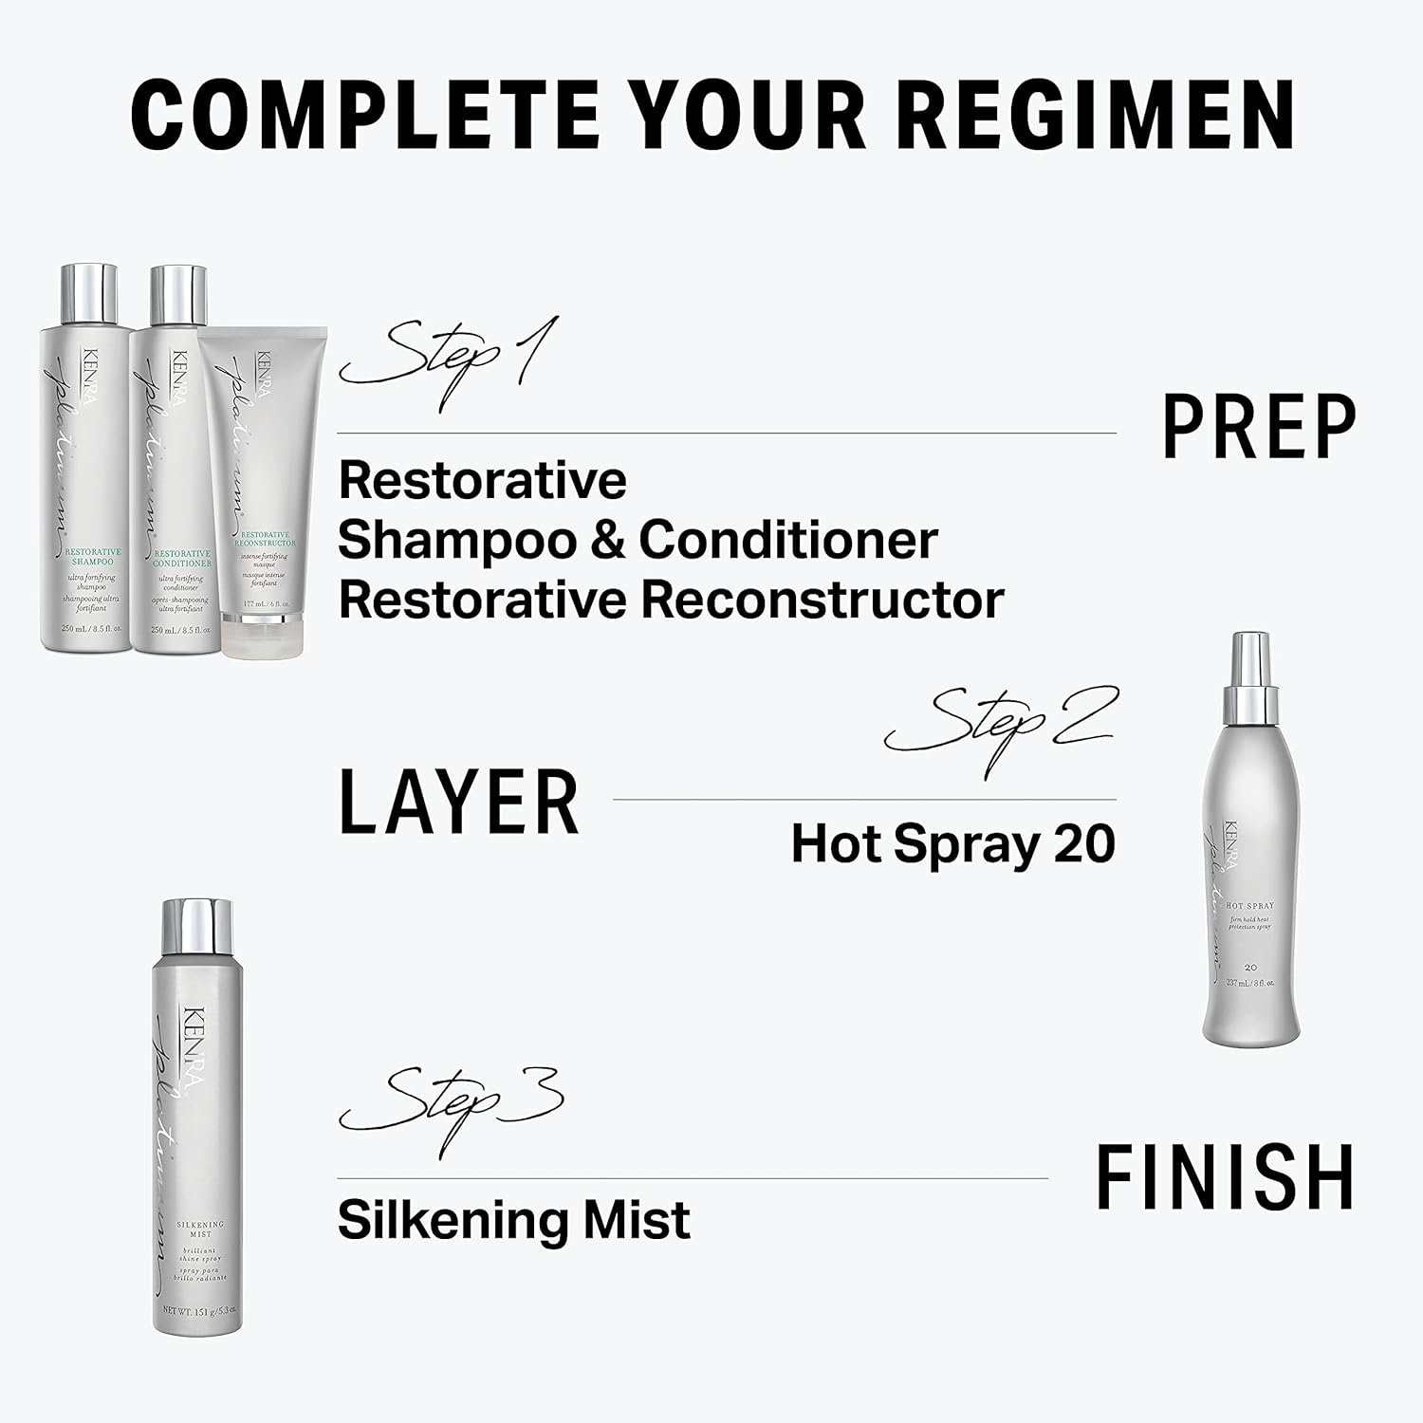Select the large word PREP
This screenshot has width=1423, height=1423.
[x=1259, y=427]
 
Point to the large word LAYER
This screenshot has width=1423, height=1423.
[x=458, y=802]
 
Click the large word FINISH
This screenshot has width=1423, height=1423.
[x=1225, y=1177]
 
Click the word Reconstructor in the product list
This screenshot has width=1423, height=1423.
[x=822, y=601]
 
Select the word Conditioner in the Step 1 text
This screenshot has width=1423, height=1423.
[x=788, y=540]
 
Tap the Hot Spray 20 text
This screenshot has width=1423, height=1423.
[x=952, y=843]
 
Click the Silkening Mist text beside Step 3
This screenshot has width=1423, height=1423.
[x=513, y=1220]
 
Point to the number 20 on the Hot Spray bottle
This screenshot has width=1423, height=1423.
[x=1250, y=967]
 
